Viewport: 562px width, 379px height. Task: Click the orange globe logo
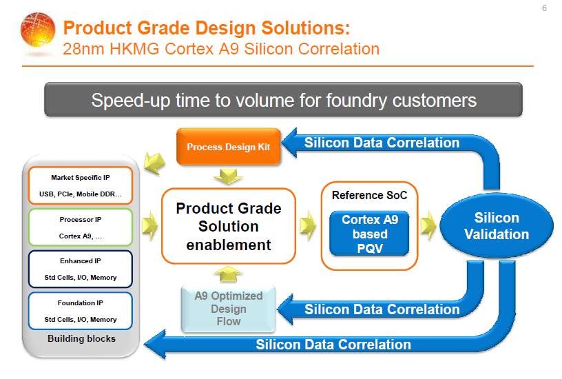click(38, 30)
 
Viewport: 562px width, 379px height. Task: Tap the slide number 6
click(544, 8)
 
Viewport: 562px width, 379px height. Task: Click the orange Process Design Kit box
click(229, 147)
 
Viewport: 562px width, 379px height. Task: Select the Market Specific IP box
click(81, 185)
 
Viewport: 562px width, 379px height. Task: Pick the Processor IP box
click(81, 227)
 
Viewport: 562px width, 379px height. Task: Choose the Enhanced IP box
click(81, 269)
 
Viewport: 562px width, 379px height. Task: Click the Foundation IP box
click(81, 311)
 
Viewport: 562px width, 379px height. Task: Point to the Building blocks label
click(82, 338)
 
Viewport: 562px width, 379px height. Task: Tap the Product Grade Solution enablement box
click(229, 226)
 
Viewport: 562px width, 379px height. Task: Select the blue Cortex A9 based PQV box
click(370, 234)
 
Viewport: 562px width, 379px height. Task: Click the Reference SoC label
click(370, 195)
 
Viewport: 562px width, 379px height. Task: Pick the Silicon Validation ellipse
click(497, 226)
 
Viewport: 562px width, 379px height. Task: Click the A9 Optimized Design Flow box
click(229, 309)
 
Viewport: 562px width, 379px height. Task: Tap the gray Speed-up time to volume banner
click(283, 100)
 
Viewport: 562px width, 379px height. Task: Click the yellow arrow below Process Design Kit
click(228, 176)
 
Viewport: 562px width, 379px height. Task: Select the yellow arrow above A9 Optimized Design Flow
click(228, 274)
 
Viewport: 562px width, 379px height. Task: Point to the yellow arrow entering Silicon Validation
click(428, 225)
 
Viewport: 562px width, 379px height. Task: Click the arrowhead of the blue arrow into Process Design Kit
click(289, 143)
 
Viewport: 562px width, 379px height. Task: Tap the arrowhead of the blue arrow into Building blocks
click(155, 344)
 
